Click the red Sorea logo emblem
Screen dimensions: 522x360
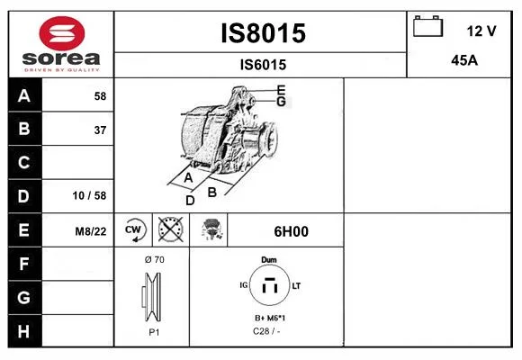(62, 33)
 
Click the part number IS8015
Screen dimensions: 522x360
(264, 33)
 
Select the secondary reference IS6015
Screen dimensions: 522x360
(264, 65)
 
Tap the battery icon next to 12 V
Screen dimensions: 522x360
(427, 26)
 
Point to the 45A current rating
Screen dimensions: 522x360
(464, 60)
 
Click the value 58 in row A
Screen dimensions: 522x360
(100, 96)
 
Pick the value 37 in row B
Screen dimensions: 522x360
(100, 130)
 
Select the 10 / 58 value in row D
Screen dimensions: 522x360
(89, 195)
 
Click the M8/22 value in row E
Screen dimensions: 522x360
(91, 231)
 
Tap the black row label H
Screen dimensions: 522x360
(24, 331)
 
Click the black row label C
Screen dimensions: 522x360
(24, 163)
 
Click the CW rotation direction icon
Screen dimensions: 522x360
(133, 229)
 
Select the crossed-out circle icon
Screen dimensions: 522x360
(171, 229)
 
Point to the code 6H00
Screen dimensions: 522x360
(291, 231)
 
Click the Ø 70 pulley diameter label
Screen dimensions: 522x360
(155, 259)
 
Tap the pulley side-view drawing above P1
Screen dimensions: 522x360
(152, 297)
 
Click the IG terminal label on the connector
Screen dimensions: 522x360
(244, 285)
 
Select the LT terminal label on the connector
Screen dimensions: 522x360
(296, 285)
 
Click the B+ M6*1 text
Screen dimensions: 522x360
(270, 318)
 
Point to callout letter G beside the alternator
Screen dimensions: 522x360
(282, 102)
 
